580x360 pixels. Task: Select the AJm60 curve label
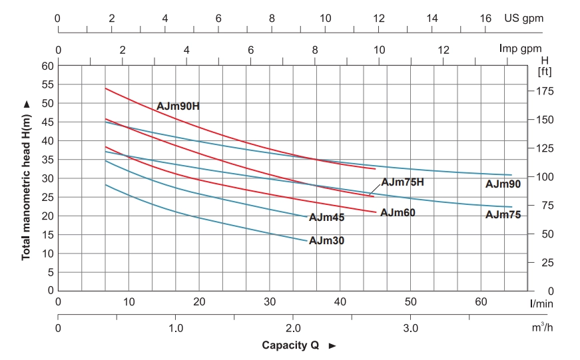pyautogui.click(x=398, y=212)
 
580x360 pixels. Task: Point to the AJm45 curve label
pyautogui.click(x=327, y=217)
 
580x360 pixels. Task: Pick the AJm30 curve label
pyautogui.click(x=327, y=240)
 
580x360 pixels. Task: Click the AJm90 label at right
pyautogui.click(x=503, y=183)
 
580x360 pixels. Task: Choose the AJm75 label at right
pyautogui.click(x=503, y=214)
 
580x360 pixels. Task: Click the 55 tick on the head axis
pyautogui.click(x=47, y=85)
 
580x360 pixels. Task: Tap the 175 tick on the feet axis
pyautogui.click(x=544, y=90)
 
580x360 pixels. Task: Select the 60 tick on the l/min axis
pyautogui.click(x=481, y=302)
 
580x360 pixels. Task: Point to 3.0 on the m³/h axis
pyautogui.click(x=410, y=328)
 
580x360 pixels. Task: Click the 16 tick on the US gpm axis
pyautogui.click(x=485, y=19)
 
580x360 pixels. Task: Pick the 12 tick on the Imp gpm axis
pyautogui.click(x=443, y=49)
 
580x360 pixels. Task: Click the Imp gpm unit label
pyautogui.click(x=521, y=49)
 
